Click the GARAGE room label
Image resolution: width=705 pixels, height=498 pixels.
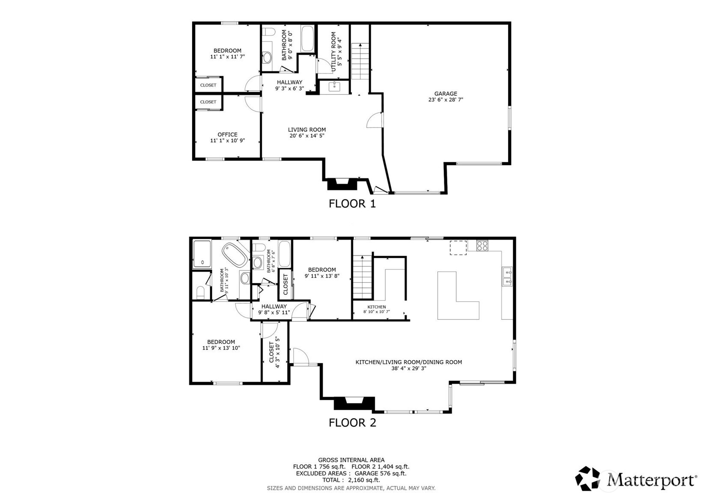[446, 94]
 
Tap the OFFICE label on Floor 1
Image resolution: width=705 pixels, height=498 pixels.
[227, 134]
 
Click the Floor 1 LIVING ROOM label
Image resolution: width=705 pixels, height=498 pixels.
[306, 130]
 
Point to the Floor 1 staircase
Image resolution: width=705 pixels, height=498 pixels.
[360, 61]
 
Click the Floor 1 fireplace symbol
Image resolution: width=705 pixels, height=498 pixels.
[342, 184]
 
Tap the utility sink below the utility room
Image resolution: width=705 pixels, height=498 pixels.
[334, 87]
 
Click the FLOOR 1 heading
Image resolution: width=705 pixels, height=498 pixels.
[352, 204]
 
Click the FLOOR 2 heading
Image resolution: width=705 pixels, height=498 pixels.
[352, 423]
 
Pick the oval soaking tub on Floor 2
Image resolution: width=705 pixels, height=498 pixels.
[235, 255]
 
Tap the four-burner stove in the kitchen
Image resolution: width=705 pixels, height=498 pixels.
[482, 246]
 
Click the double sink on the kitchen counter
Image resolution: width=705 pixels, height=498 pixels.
[507, 276]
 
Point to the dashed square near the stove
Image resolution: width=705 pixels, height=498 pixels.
[458, 248]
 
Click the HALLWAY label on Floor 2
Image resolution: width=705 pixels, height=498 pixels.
[274, 306]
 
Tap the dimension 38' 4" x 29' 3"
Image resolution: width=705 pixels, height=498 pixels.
[408, 368]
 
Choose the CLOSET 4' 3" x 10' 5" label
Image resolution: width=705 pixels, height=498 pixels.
[274, 353]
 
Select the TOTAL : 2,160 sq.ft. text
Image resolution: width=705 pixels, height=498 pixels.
[351, 480]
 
